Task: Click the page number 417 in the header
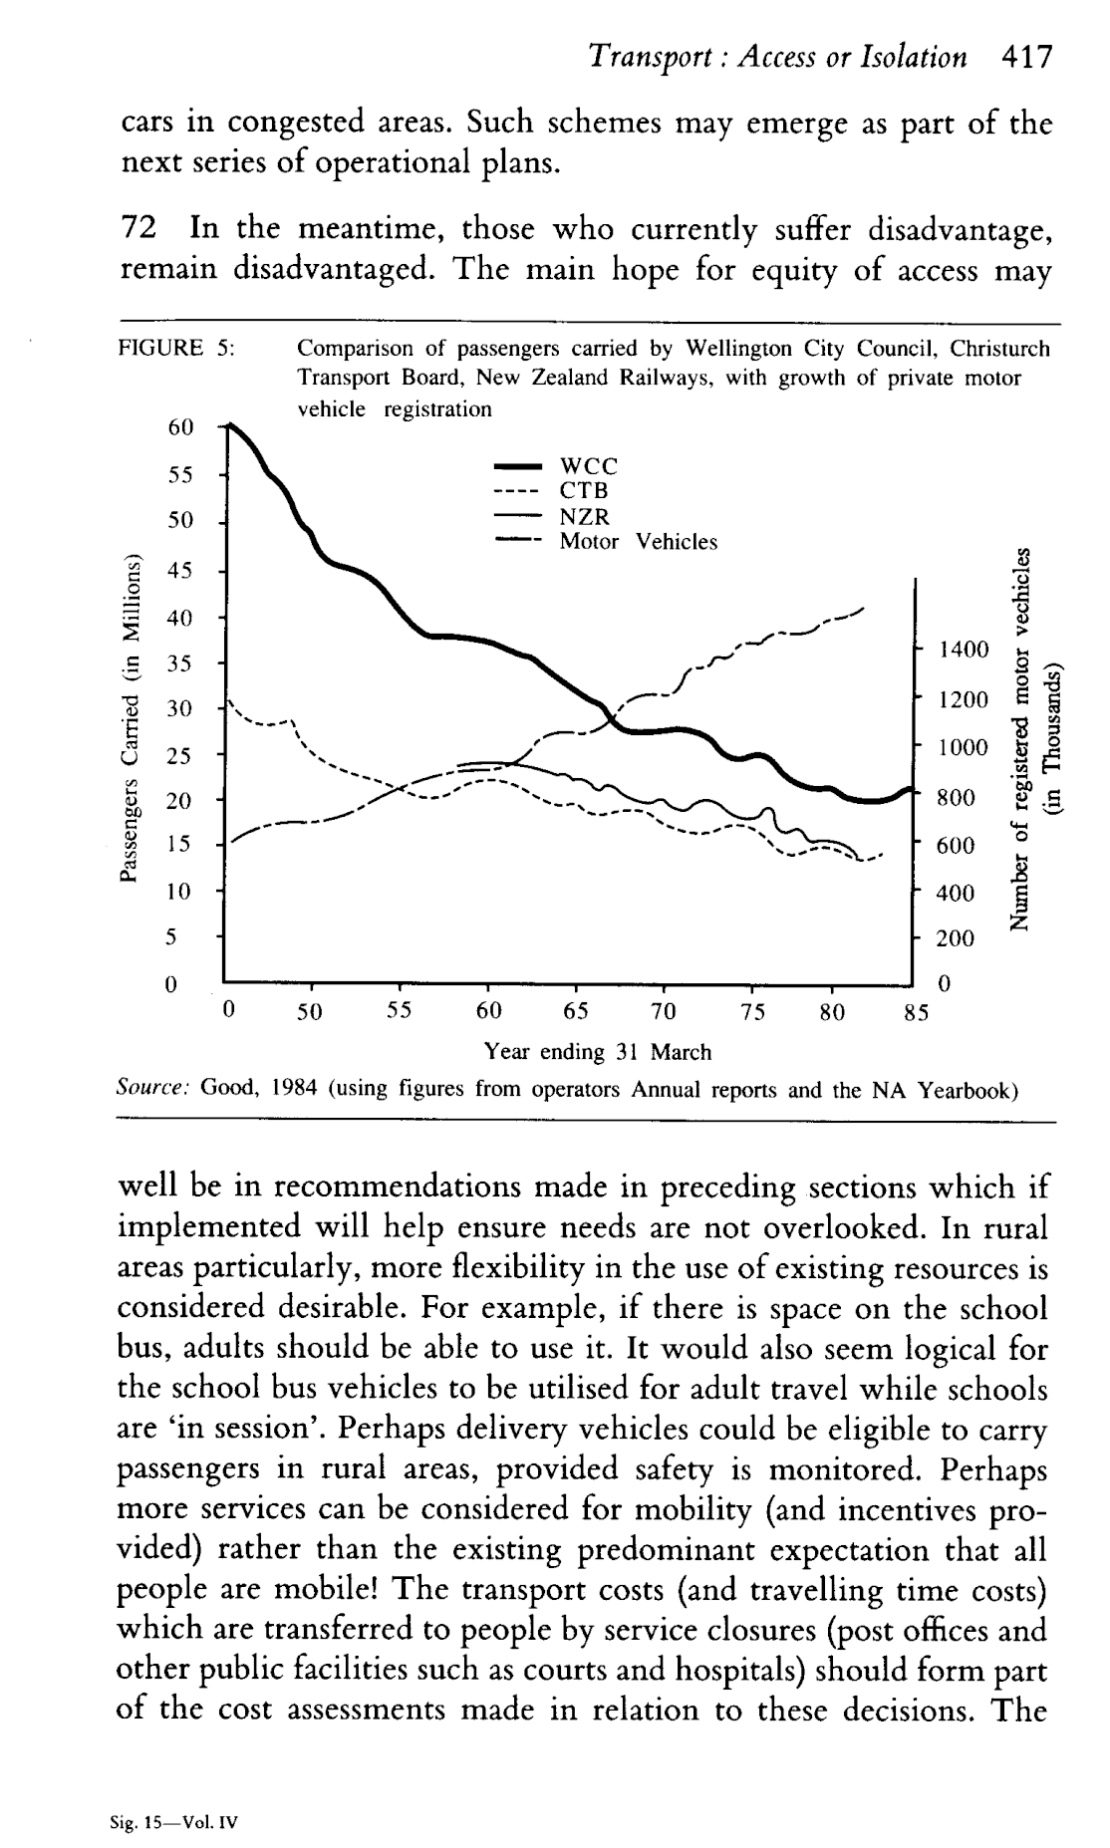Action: click(x=1025, y=57)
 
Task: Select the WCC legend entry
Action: click(x=589, y=466)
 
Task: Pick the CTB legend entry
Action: click(x=585, y=491)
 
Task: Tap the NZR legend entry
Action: click(x=585, y=517)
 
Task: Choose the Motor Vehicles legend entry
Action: click(x=638, y=542)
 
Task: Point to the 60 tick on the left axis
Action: click(x=180, y=427)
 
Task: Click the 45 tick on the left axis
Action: click(x=180, y=571)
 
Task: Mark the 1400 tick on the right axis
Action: click(x=963, y=651)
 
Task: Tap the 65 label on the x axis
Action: click(x=575, y=1013)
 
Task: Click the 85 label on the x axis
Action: click(x=916, y=1013)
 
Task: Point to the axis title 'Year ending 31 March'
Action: click(x=598, y=1052)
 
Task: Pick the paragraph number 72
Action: click(x=139, y=230)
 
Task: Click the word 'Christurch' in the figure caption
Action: click(x=999, y=349)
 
